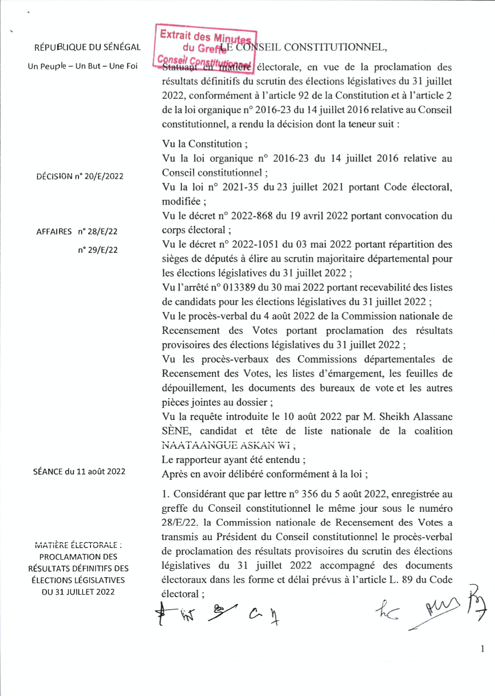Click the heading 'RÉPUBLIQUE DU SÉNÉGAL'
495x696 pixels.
[x=87, y=47]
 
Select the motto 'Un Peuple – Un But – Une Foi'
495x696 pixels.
[x=83, y=66]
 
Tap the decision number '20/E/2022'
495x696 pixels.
[x=104, y=176]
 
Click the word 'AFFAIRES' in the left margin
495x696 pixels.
[x=54, y=232]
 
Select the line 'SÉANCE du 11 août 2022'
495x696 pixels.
[x=79, y=471]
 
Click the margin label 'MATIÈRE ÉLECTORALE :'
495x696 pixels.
[x=78, y=545]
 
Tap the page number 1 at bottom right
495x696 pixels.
[x=482, y=649]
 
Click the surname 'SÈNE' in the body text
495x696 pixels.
[x=176, y=431]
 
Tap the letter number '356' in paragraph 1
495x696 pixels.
[x=310, y=494]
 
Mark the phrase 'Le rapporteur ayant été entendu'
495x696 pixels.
[x=231, y=460]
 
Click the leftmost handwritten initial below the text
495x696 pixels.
[x=161, y=613]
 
